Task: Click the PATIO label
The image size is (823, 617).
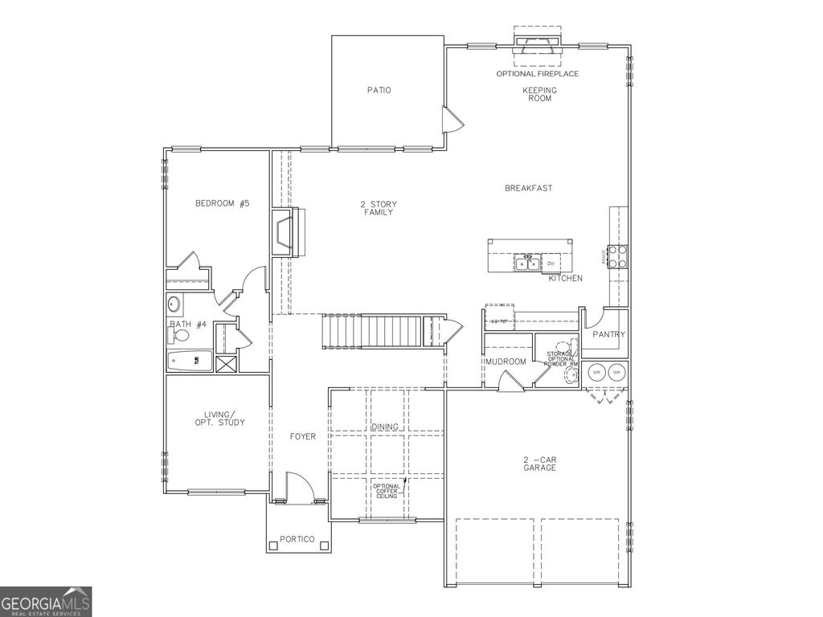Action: click(379, 90)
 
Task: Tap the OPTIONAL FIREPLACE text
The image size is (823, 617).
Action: click(538, 74)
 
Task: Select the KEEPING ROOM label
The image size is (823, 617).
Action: click(539, 95)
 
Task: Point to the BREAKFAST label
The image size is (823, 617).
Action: click(528, 188)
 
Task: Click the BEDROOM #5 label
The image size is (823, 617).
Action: click(223, 204)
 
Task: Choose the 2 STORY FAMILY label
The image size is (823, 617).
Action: click(378, 208)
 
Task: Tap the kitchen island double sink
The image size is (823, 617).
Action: click(527, 263)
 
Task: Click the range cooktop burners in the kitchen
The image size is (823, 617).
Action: click(618, 256)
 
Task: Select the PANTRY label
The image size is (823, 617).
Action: click(608, 334)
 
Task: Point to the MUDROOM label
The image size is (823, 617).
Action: click(506, 362)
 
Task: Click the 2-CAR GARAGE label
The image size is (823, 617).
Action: click(539, 464)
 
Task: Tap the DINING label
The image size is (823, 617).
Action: click(386, 427)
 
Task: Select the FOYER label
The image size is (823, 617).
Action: click(303, 437)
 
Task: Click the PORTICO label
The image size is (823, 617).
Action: click(297, 539)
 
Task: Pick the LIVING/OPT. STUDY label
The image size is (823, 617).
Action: click(219, 418)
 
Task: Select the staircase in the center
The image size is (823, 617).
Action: click(372, 331)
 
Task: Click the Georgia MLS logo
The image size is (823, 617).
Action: click(46, 602)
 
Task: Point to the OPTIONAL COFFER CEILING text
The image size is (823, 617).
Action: click(386, 491)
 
